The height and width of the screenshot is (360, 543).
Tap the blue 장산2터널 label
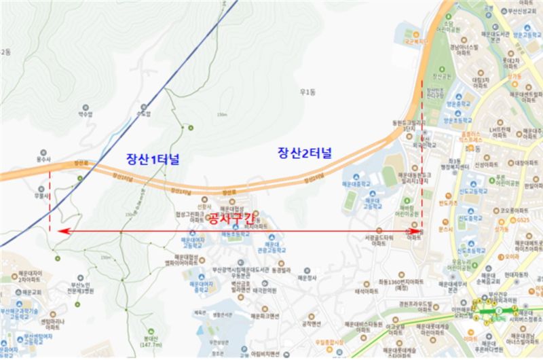304,153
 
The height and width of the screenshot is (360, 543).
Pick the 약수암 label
86,115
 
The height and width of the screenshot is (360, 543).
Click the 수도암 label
143,115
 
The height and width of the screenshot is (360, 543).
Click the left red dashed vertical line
51,204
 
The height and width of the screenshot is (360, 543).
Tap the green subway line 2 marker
498,311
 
